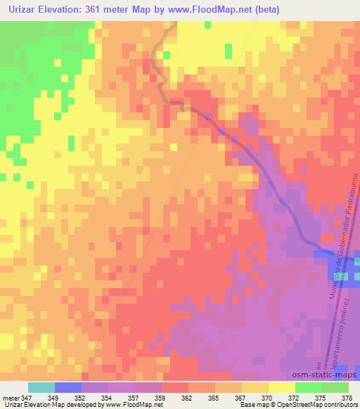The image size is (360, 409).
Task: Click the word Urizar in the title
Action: [25, 10]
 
